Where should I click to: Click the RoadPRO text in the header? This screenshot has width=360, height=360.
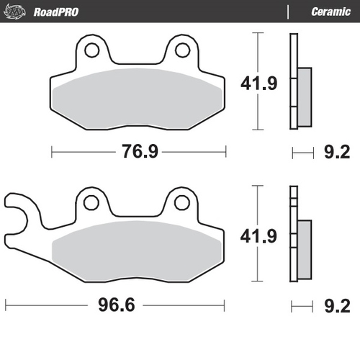click(56, 12)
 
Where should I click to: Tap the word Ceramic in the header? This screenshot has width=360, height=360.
click(330, 12)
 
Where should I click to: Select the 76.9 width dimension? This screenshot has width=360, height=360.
click(138, 152)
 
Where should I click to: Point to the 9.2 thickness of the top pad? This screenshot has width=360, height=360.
click(337, 152)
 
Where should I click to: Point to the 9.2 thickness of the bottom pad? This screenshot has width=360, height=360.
click(337, 305)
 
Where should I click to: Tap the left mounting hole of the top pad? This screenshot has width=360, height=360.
click(91, 50)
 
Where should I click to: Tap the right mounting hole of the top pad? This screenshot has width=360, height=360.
click(183, 50)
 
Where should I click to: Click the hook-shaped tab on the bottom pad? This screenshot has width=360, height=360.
click(18, 216)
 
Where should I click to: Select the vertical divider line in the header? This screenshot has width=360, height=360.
click(288, 12)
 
